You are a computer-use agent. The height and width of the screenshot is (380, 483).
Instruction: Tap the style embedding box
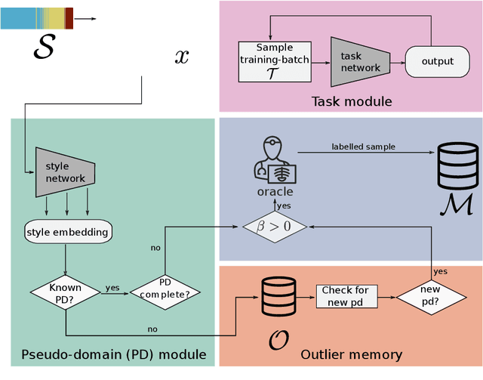coord(67,231)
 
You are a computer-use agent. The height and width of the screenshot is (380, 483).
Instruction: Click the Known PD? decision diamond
coord(66,293)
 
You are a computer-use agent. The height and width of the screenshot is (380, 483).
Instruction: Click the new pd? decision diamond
coord(431,295)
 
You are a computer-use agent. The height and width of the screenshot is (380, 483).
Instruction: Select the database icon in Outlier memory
coord(275,298)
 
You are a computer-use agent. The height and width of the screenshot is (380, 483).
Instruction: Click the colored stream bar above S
coord(37,18)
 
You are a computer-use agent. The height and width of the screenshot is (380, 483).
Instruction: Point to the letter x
coord(182,57)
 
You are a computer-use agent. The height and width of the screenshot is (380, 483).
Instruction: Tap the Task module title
coord(352,101)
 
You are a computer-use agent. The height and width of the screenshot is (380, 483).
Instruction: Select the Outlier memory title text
coord(351,354)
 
